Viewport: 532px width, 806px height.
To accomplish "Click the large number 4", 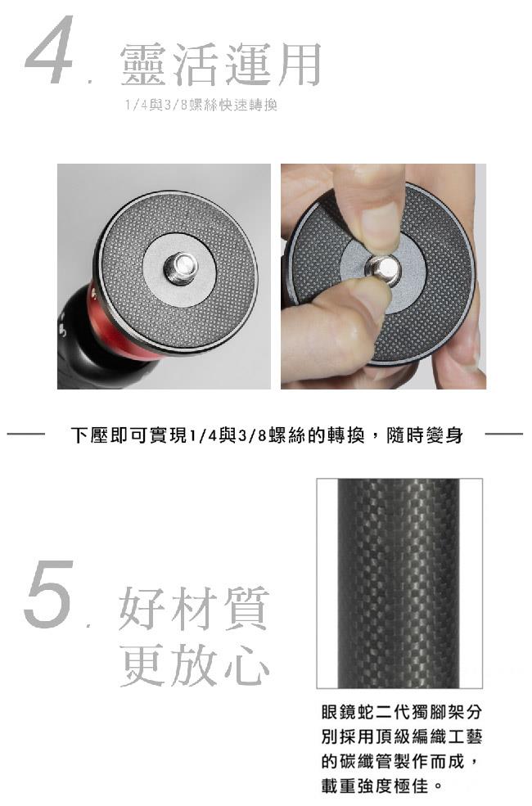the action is point(48,50).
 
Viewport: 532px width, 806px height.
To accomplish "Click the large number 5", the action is point(48,594).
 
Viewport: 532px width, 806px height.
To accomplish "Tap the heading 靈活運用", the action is point(221,65).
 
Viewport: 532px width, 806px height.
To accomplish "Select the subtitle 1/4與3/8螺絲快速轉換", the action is point(201,106).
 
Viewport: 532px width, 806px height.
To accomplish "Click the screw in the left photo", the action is point(181,267).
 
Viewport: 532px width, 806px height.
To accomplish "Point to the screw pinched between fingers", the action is point(385,270).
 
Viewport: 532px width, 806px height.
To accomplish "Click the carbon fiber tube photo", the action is point(399,583).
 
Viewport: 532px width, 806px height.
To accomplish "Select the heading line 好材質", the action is point(194,609).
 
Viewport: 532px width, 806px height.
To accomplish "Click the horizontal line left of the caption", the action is point(25,435).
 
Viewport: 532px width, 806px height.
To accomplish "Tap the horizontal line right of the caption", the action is point(503,435).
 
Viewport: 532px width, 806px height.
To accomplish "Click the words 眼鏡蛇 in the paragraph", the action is point(349,713).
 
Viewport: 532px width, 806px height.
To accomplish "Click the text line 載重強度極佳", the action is point(375,786).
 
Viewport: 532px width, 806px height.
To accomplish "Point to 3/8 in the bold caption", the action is point(252,436).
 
